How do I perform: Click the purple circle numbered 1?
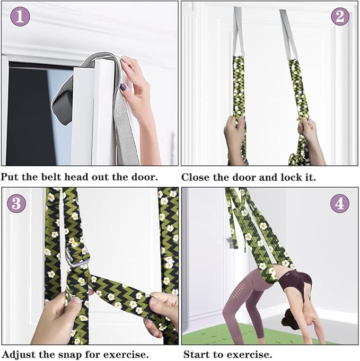click(x=20, y=16)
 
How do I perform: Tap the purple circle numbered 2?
click(x=340, y=16)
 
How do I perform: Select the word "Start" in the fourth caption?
click(x=195, y=354)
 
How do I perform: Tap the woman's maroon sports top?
click(x=297, y=283)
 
